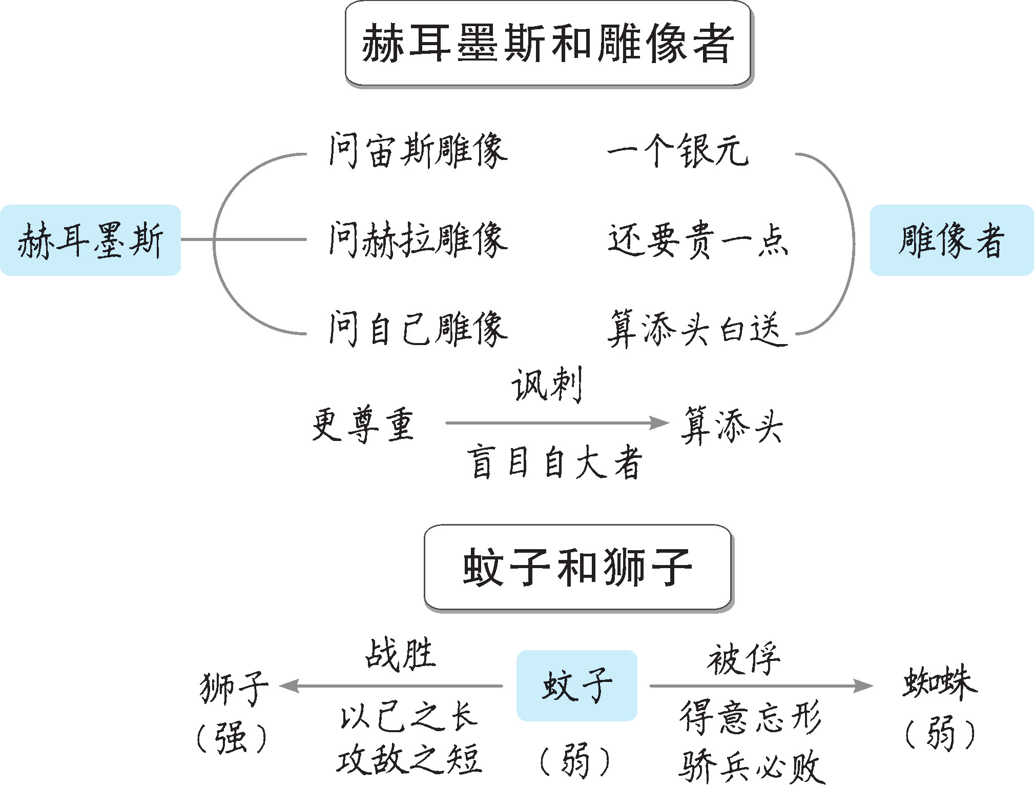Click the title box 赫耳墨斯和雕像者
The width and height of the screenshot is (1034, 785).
click(548, 44)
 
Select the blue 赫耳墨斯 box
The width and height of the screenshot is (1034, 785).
click(90, 240)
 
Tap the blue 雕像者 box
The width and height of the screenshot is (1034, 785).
click(952, 240)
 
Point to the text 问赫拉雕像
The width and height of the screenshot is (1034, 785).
click(418, 239)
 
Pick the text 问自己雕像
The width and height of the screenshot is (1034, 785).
click(418, 329)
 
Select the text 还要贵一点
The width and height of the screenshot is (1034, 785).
click(698, 239)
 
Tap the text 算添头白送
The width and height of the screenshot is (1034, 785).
click(697, 329)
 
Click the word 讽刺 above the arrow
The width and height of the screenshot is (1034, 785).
click(547, 385)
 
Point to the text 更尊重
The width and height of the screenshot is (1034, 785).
click(363, 424)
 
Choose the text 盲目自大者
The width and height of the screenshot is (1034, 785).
click(554, 462)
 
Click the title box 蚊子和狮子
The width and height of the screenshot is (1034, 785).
click(577, 567)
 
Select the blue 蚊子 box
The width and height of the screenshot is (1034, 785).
click(577, 686)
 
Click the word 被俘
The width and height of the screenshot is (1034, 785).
click(744, 659)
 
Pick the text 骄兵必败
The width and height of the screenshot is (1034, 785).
click(751, 766)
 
